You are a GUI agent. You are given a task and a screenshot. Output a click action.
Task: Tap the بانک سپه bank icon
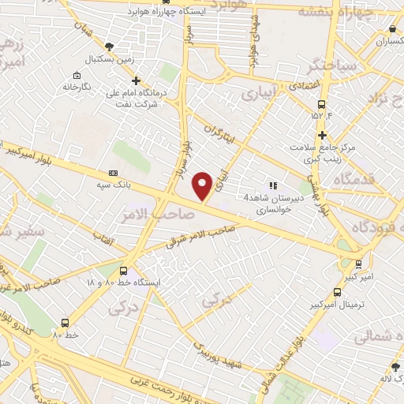(x=113, y=173)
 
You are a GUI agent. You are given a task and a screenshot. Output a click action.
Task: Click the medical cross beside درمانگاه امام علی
(x=137, y=80)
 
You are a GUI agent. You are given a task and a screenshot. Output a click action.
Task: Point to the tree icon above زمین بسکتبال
(x=109, y=47)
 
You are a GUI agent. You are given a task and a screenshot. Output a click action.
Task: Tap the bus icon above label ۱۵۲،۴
(x=321, y=104)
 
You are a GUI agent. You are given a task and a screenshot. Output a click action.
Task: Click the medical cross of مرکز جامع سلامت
(x=323, y=135)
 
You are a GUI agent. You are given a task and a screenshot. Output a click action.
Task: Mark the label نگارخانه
(x=99, y=84)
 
